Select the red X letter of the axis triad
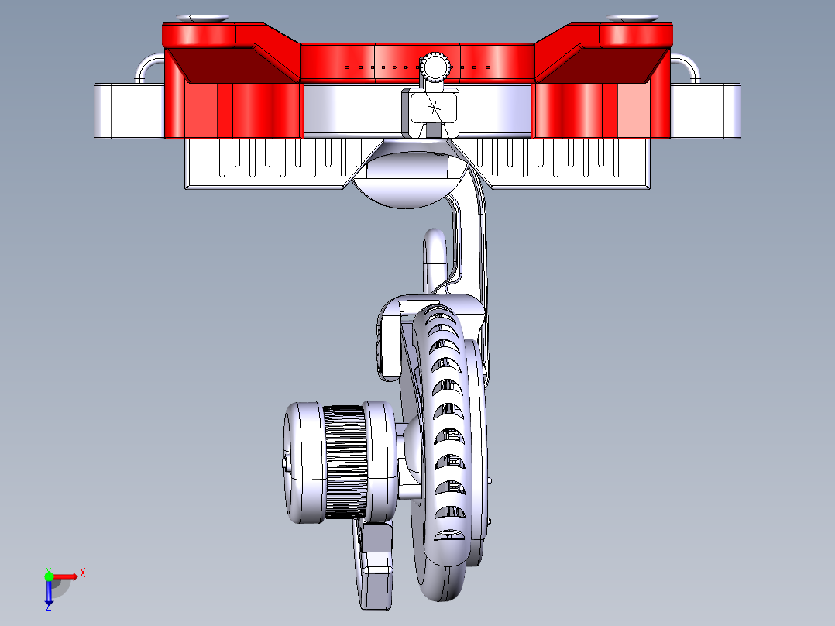83,573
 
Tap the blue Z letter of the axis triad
48,607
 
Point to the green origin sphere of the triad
49,576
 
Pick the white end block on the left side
129,111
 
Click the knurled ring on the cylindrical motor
345,463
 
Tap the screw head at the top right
632,18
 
